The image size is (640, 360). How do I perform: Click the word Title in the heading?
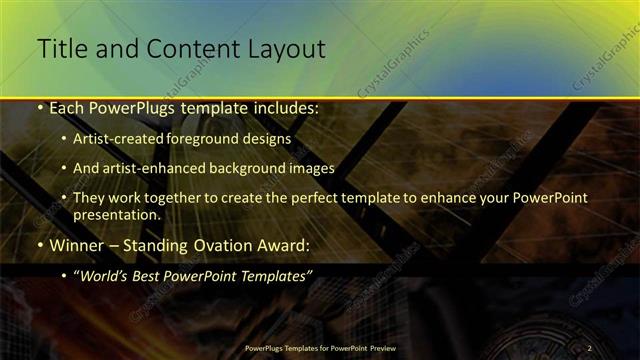tap(60, 47)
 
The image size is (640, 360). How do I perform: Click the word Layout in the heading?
tap(283, 47)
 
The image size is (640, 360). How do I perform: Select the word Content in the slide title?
tap(191, 47)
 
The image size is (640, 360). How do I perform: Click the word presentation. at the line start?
tap(117, 214)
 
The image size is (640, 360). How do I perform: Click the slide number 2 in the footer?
tap(590, 347)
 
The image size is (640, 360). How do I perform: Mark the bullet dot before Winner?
tap(39, 245)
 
